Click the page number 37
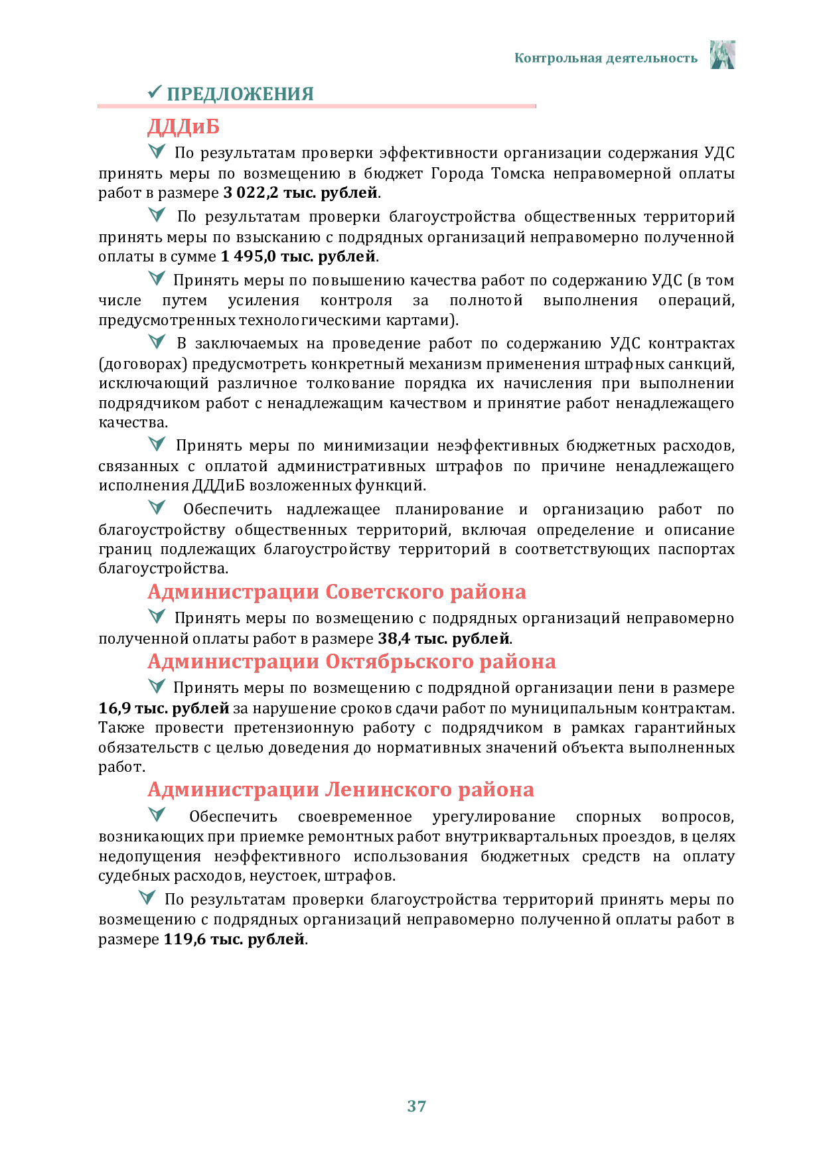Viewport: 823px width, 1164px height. pos(416,1106)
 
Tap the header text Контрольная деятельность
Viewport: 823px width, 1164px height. pos(606,58)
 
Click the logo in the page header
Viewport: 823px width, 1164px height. pos(722,54)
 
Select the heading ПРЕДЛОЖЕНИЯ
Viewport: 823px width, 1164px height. pos(240,94)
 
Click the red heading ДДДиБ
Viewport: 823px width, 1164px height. pos(183,127)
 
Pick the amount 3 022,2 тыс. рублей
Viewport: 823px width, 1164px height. pos(301,192)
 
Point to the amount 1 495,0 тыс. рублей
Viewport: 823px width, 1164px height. pos(299,256)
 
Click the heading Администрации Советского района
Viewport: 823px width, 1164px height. pos(337,592)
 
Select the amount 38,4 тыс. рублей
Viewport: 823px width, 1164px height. pos(444,638)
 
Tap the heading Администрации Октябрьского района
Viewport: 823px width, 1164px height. pos(352,662)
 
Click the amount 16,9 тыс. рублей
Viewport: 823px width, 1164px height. pos(164,708)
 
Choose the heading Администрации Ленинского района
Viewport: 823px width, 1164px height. pos(340,790)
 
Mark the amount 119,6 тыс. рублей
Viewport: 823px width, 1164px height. pos(234,939)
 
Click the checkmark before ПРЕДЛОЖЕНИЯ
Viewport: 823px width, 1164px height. pos(155,92)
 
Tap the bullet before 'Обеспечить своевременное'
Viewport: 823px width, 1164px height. pos(157,814)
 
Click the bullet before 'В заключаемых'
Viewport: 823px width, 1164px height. pos(157,342)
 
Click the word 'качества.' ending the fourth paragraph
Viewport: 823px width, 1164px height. pos(133,423)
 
